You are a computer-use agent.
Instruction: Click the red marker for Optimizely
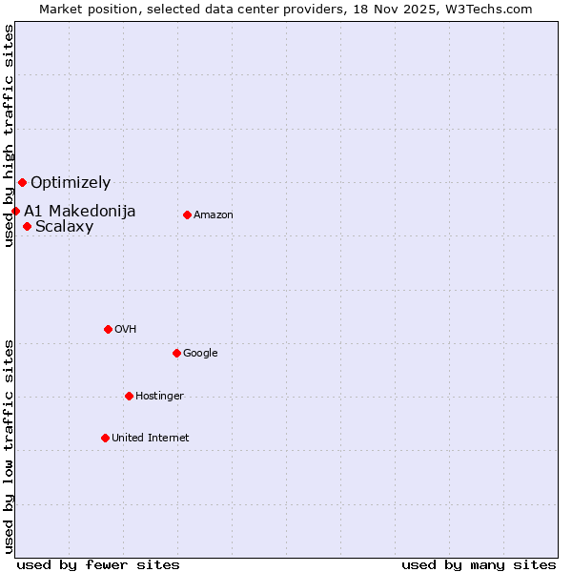pos(22,182)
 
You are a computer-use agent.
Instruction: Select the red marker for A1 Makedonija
pos(15,211)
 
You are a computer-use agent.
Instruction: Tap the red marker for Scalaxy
pos(28,226)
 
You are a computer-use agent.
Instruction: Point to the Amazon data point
pos(187,214)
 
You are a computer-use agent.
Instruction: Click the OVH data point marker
pos(108,329)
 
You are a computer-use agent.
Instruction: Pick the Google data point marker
pos(176,353)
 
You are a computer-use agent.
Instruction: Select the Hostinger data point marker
pos(129,396)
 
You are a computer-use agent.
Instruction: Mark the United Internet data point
pos(105,438)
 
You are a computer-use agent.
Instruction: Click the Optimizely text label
pos(71,182)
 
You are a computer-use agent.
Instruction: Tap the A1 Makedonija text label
pos(80,211)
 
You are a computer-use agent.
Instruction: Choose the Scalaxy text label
pos(64,226)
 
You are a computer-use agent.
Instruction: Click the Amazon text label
pos(214,214)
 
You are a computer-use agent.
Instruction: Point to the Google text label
pos(200,353)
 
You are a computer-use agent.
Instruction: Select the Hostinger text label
pos(159,396)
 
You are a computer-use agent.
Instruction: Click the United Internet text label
pos(151,438)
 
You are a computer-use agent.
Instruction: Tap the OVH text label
pos(125,329)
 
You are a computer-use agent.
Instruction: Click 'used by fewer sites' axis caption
pos(98,564)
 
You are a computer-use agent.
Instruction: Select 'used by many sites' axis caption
pos(479,564)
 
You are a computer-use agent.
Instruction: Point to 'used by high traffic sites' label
pos(9,136)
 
